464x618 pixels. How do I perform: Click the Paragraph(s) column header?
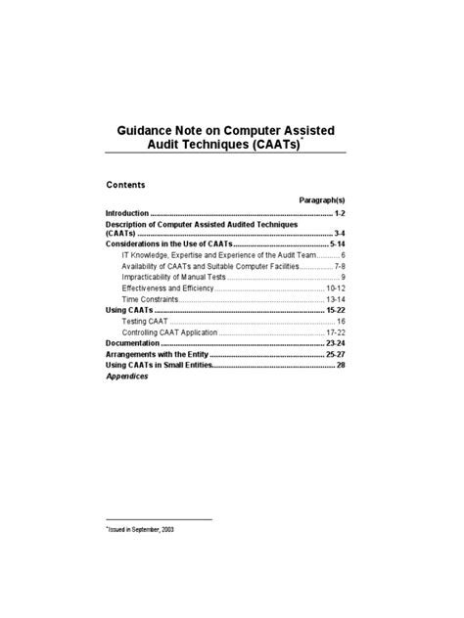pos(322,199)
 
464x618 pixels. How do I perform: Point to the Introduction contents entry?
pos(127,212)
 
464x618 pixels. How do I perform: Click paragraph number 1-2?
pos(340,212)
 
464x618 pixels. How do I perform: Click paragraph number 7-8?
pos(339,266)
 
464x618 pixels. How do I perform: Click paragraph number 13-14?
pos(336,299)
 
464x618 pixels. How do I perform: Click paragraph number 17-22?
pos(336,332)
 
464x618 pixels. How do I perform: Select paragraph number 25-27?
pos(335,355)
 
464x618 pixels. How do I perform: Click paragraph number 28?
pos(341,366)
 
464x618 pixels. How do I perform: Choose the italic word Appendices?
pos(126,376)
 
